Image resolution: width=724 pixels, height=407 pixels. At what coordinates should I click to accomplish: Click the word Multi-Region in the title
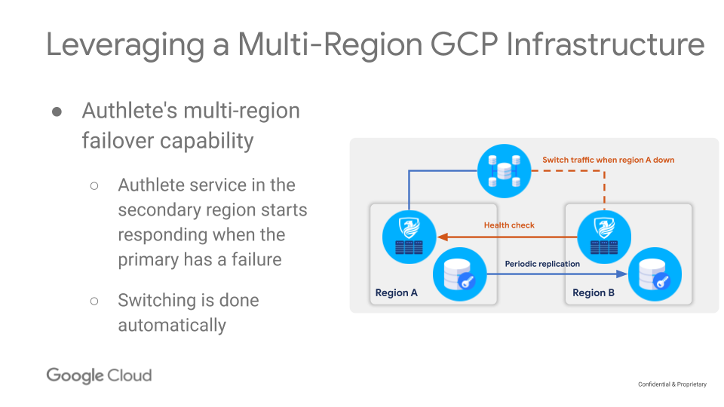click(x=330, y=45)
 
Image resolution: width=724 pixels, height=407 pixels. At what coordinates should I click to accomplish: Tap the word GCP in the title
click(x=465, y=44)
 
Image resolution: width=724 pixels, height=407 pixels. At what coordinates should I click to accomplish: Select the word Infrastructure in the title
click(x=606, y=44)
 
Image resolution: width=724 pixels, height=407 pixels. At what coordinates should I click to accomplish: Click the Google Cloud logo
click(x=99, y=375)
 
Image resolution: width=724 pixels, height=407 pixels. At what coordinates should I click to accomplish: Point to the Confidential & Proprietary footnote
click(x=672, y=384)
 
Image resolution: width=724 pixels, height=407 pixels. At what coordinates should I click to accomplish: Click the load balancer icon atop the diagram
click(x=505, y=171)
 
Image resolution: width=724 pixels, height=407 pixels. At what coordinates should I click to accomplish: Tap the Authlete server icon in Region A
click(x=409, y=237)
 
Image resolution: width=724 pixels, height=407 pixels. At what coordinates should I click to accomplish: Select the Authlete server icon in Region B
click(x=604, y=237)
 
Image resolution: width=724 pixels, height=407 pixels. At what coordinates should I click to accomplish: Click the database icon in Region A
click(x=460, y=274)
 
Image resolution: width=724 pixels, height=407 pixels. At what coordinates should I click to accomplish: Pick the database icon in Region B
click(x=655, y=274)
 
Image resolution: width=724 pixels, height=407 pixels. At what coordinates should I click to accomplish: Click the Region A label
click(x=396, y=292)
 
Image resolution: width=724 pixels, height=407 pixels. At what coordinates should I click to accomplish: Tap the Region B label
click(x=594, y=292)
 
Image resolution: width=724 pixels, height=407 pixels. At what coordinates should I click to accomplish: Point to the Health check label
click(x=509, y=225)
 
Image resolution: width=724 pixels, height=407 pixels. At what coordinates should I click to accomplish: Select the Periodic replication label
click(x=542, y=264)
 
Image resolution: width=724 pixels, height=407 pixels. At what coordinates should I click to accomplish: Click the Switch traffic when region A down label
click(x=608, y=160)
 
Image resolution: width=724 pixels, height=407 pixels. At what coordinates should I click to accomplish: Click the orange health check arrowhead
click(x=443, y=237)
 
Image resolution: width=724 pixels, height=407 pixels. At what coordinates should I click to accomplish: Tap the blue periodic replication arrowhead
click(x=622, y=274)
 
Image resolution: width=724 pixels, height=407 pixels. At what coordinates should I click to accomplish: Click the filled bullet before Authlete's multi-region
click(x=57, y=112)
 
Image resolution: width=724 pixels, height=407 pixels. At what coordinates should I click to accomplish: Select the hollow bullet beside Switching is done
click(x=94, y=301)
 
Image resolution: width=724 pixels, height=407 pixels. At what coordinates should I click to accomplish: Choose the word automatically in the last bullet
click(x=172, y=326)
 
